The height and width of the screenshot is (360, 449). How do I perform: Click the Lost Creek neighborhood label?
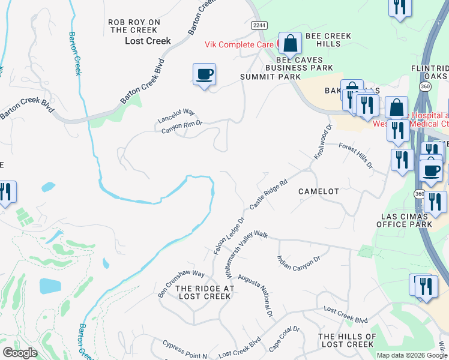coord(148,41)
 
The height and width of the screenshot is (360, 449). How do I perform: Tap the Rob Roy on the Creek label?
coord(134,26)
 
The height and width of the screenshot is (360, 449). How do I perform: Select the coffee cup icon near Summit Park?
coord(204,74)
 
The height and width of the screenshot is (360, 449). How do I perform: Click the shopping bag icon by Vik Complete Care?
coord(291,44)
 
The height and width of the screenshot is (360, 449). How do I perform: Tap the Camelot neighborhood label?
coord(319,191)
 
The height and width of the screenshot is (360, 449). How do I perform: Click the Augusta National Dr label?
coord(255,296)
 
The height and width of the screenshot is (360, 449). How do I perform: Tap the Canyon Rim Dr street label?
coord(181,124)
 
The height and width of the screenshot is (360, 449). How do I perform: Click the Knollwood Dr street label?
coord(322,142)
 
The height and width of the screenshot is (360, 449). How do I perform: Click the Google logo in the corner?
coord(20,353)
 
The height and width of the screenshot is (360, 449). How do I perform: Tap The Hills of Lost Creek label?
coord(347,340)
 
